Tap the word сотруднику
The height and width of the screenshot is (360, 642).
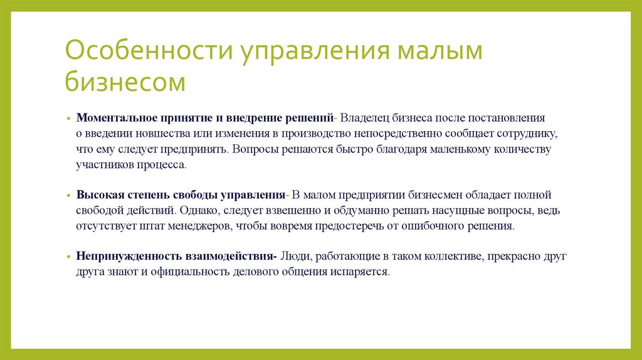(525, 134)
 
